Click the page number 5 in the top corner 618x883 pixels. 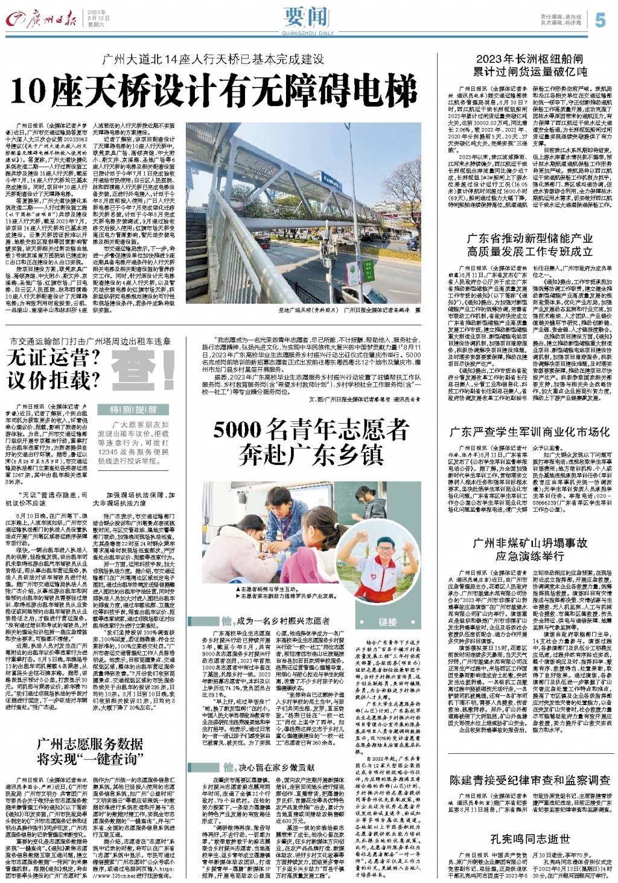coord(599,20)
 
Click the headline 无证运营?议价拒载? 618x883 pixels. coord(53,369)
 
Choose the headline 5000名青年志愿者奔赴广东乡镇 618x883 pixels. coord(311,442)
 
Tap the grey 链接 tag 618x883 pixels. coord(388,622)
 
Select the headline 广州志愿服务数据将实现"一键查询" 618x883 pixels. coord(90,750)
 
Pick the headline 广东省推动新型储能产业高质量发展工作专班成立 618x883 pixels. coord(530,244)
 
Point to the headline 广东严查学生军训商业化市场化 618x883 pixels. coord(530,432)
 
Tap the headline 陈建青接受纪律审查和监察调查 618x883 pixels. coord(530,780)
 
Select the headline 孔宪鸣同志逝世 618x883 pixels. coord(530,839)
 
